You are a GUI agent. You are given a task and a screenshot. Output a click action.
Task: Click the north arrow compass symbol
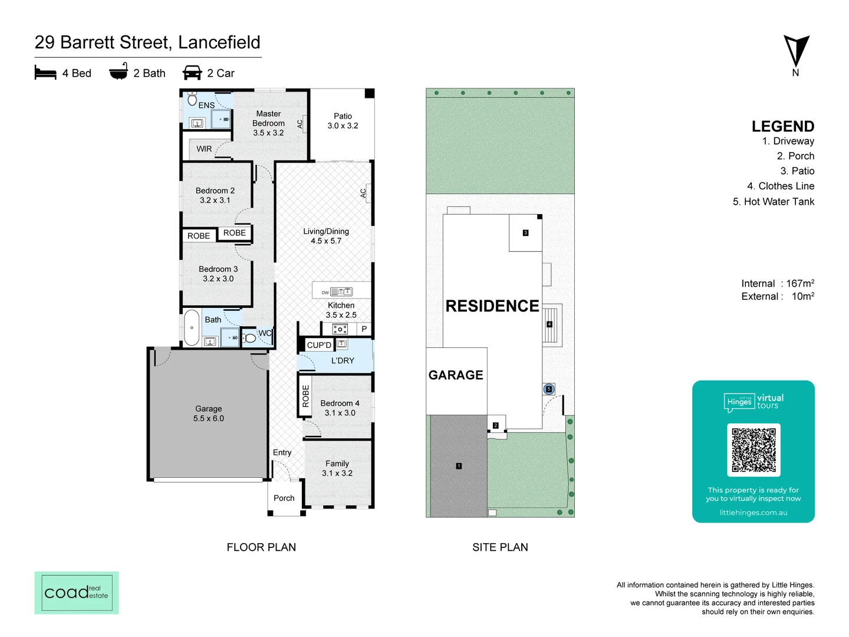tap(796, 52)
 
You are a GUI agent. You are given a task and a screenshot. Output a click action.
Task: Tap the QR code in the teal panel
tap(753, 449)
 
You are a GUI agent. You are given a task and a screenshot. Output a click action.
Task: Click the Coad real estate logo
tap(77, 592)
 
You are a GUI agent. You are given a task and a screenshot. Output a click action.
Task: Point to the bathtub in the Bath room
tap(192, 328)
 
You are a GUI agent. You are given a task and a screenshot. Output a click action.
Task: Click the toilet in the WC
tap(249, 338)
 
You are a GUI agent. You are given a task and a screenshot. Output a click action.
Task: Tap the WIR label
tap(204, 149)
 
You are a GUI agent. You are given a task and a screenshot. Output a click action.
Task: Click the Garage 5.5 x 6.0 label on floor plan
tap(209, 413)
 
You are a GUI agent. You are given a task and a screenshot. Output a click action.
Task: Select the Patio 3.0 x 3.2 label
tap(343, 121)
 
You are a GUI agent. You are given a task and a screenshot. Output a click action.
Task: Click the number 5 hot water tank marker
tap(549, 389)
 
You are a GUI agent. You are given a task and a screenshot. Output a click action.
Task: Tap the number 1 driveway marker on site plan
tap(459, 466)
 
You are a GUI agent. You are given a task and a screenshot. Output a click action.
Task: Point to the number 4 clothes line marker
tap(549, 324)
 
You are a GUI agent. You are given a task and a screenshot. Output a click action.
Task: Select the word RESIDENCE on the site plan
tap(492, 306)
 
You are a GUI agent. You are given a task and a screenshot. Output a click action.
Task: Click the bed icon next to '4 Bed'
tap(45, 73)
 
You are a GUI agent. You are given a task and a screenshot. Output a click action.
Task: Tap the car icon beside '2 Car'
tap(192, 73)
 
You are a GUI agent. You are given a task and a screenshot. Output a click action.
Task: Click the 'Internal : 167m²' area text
tap(777, 284)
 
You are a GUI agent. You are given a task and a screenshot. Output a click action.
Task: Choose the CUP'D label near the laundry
tap(319, 345)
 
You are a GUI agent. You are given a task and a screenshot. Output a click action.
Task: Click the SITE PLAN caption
tap(500, 547)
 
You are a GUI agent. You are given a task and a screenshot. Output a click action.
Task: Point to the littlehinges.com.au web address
tap(753, 513)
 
